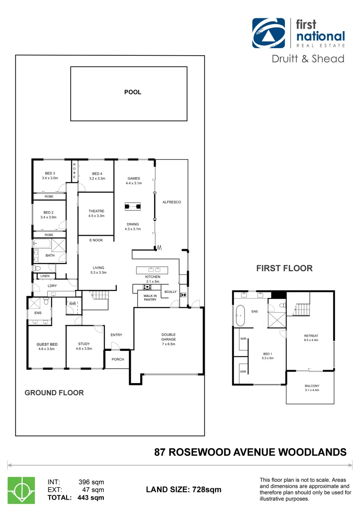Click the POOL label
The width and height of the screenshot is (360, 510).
point(133,92)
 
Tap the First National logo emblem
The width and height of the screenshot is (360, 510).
point(268,33)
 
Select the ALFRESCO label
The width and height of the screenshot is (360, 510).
point(172,202)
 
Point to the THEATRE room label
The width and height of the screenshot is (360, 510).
point(96,211)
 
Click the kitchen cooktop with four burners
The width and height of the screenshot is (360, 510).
point(147,287)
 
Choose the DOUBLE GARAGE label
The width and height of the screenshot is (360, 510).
point(168,337)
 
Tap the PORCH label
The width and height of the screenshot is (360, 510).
point(118,359)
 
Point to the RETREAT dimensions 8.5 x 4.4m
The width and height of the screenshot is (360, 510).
point(311,340)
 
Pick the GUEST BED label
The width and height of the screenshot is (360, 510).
point(47,344)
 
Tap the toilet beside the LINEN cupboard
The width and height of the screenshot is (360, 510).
point(37,268)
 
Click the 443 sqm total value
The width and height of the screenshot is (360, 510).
point(91,497)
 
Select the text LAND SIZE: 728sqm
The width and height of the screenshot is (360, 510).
point(184,490)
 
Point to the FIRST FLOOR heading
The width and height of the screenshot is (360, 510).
point(284,268)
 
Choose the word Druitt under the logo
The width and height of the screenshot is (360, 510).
point(286,59)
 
